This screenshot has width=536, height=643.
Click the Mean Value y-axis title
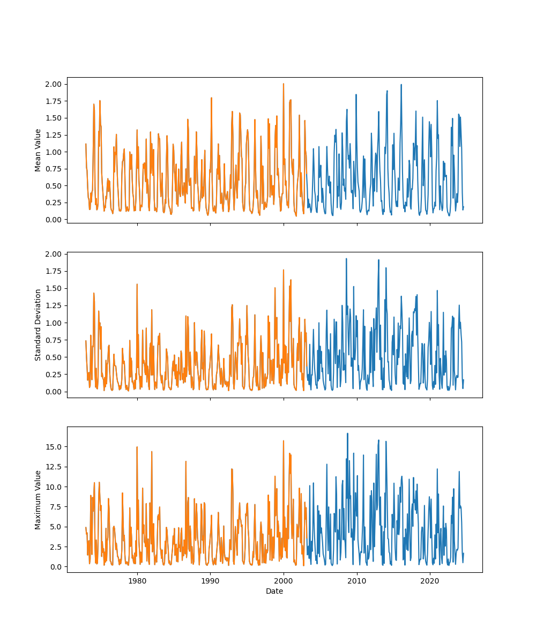click(x=38, y=150)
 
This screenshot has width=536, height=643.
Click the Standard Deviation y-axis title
click(x=38, y=325)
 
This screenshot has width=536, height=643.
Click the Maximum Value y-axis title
click(x=38, y=499)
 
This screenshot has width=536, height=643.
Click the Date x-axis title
click(x=274, y=591)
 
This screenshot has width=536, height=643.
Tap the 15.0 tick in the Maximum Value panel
click(x=56, y=447)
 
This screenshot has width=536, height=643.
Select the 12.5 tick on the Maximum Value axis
click(x=56, y=467)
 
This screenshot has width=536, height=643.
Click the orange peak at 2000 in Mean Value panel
click(x=284, y=84)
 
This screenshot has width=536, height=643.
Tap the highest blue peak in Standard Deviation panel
click(x=346, y=259)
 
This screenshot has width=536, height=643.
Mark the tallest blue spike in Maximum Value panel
click(x=347, y=433)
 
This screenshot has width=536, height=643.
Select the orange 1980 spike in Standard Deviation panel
click(x=137, y=285)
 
